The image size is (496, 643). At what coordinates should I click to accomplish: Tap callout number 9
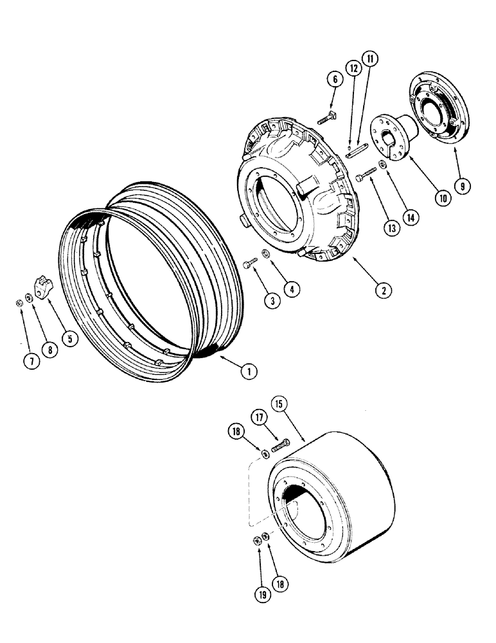coord(462,186)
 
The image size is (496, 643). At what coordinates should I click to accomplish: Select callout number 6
coord(333,80)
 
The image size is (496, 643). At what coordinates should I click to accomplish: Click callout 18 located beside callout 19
coord(280,583)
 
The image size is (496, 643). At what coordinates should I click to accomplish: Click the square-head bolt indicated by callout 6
coord(325,117)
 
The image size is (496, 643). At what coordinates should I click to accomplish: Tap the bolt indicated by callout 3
coord(250,262)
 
